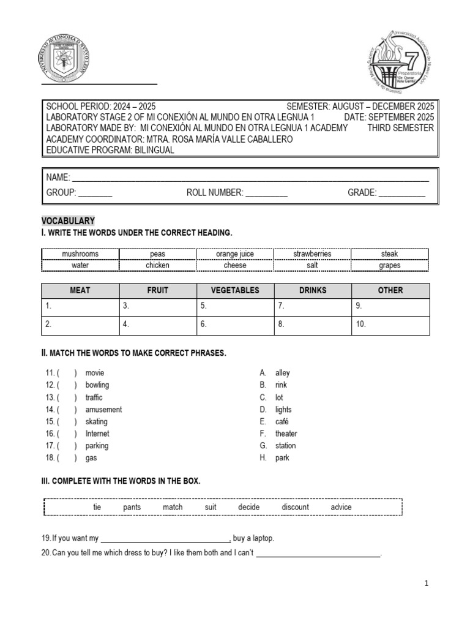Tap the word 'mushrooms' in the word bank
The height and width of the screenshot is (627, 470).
[80, 254]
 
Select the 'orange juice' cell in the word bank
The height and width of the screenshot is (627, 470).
[235, 254]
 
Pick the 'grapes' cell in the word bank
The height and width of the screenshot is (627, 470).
[389, 266]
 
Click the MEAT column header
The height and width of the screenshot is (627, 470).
[80, 290]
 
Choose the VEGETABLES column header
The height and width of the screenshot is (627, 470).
[235, 290]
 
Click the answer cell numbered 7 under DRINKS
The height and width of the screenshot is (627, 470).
[313, 306]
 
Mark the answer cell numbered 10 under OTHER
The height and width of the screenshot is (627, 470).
[390, 325]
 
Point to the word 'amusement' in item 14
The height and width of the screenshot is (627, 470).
[103, 410]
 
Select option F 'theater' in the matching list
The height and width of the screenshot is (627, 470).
[286, 434]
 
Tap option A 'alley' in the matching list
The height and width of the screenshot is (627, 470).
[283, 373]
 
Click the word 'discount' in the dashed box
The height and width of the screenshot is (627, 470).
[295, 507]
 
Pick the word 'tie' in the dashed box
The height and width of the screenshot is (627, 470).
[97, 507]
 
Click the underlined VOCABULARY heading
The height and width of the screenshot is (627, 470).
[68, 220]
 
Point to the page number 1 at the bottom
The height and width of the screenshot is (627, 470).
[427, 584]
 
